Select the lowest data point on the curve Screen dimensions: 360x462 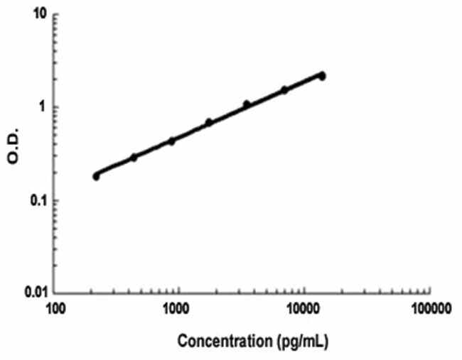point(97,176)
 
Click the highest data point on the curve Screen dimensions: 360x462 point(322,75)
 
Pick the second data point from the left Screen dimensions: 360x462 point(134,157)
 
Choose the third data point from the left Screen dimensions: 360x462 point(171,141)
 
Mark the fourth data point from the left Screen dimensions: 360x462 point(209,122)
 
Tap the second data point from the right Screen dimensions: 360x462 point(284,89)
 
